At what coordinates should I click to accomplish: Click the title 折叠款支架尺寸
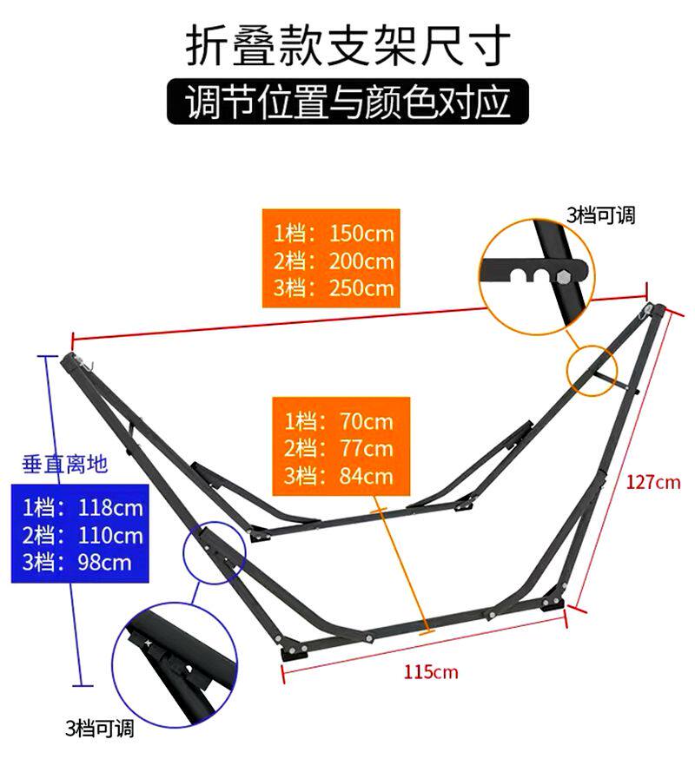click(347, 46)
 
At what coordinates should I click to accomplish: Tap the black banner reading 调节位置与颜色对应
click(347, 102)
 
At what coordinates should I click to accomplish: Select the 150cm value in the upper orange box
click(361, 234)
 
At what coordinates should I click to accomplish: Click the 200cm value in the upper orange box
click(361, 261)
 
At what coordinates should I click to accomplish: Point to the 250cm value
click(361, 287)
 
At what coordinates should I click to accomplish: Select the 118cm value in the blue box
click(110, 507)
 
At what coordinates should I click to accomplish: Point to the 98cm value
click(103, 562)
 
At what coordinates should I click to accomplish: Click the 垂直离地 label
click(65, 465)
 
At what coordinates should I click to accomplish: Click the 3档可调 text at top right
click(601, 214)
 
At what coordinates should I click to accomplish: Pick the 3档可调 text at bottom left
click(100, 728)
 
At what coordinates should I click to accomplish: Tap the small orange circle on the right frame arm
click(592, 369)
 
